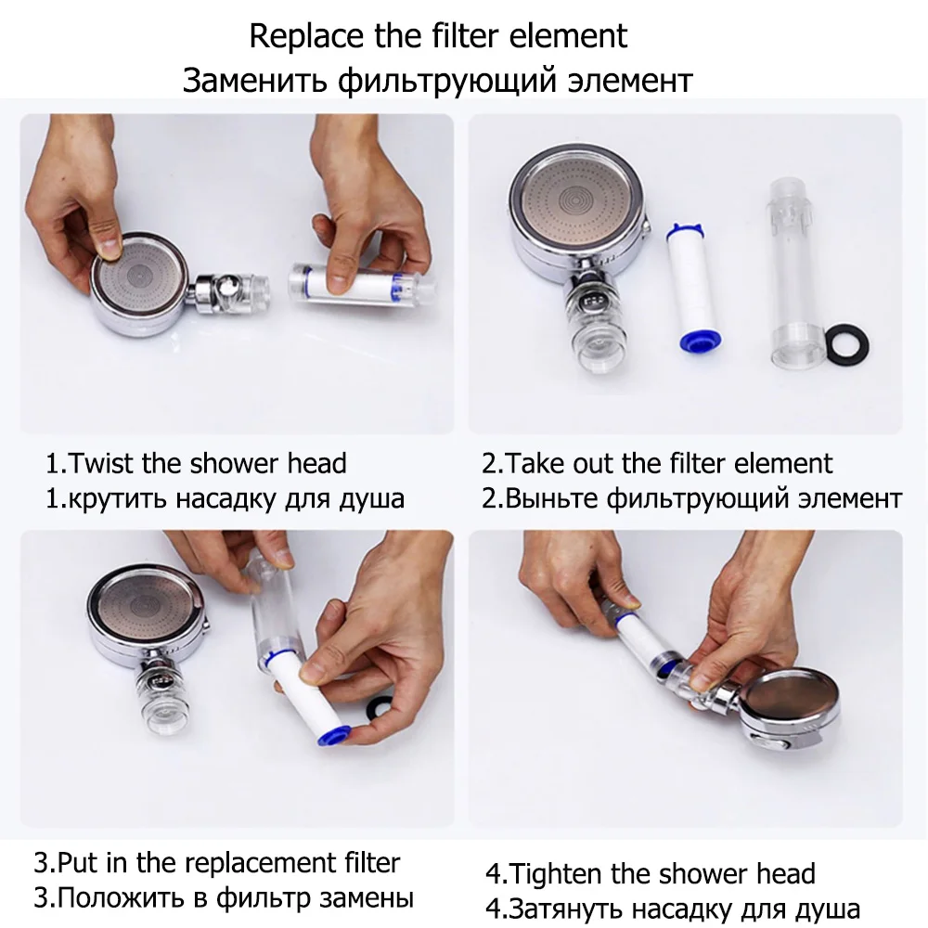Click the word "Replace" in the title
pos(305,37)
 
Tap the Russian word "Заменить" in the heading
pos(254,80)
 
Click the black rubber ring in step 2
pos(847,344)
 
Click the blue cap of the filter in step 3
pos(331,735)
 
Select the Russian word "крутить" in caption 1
pos(114,499)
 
